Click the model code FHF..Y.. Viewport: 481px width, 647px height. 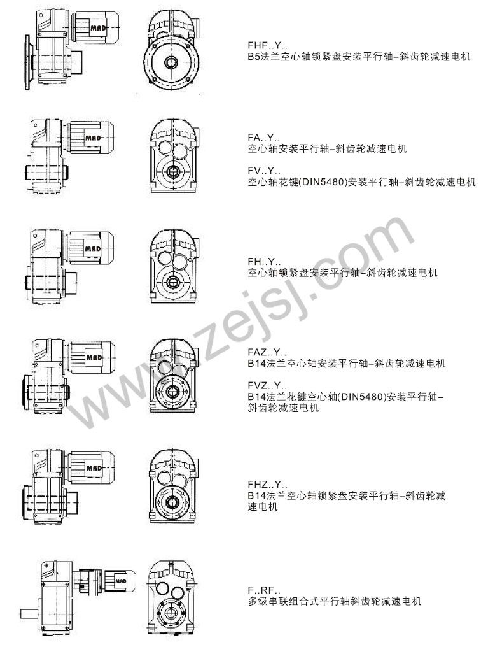coord(264,46)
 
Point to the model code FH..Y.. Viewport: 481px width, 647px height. coord(264,262)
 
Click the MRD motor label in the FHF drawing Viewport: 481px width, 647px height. coord(99,28)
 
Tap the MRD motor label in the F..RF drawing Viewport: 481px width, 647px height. coord(121,581)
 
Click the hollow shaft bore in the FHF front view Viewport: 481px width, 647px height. coord(171,62)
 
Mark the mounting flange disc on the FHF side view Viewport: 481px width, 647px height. coord(27,62)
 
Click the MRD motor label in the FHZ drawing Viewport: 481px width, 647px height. coord(94,468)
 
